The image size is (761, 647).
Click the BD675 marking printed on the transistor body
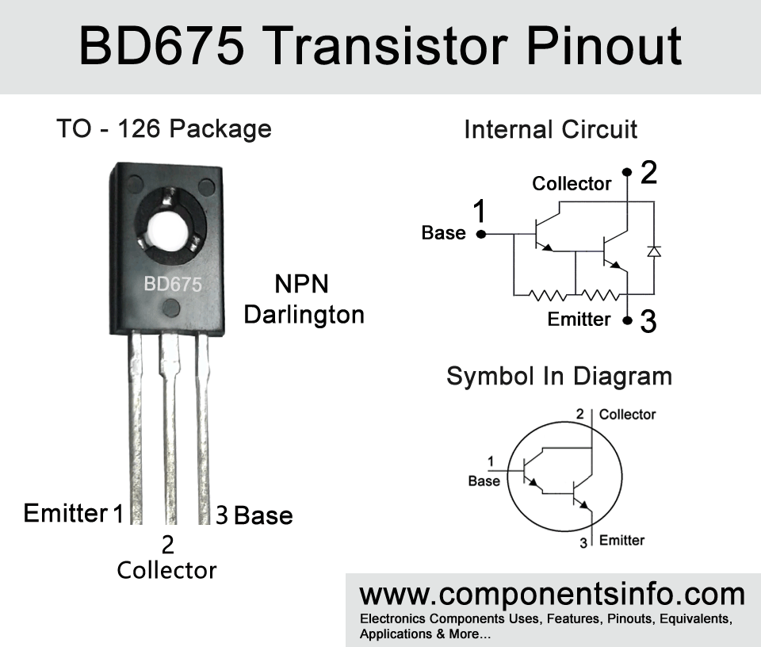pyautogui.click(x=173, y=284)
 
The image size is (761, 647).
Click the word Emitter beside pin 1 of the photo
pyautogui.click(x=66, y=513)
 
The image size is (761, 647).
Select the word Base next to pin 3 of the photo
pyautogui.click(x=263, y=515)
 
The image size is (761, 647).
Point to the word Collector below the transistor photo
pyautogui.click(x=166, y=570)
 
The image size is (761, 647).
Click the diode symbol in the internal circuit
pyautogui.click(x=654, y=251)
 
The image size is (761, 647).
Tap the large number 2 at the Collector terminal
pyautogui.click(x=649, y=172)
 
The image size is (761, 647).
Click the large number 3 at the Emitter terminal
pyautogui.click(x=648, y=321)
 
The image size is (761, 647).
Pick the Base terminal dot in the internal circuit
pyautogui.click(x=481, y=235)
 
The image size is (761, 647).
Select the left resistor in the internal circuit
pyautogui.click(x=547, y=295)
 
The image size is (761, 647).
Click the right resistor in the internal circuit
pyautogui.click(x=600, y=295)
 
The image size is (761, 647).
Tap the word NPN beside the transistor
pyautogui.click(x=301, y=284)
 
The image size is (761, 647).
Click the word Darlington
pyautogui.click(x=304, y=316)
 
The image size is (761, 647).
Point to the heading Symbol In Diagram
pyautogui.click(x=559, y=377)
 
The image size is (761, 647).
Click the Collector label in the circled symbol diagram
pyautogui.click(x=627, y=415)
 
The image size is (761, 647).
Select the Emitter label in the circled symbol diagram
pyautogui.click(x=621, y=540)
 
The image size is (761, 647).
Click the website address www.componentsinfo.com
pyautogui.click(x=552, y=595)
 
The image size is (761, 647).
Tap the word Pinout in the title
pyautogui.click(x=604, y=46)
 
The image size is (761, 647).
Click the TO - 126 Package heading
pyautogui.click(x=164, y=129)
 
